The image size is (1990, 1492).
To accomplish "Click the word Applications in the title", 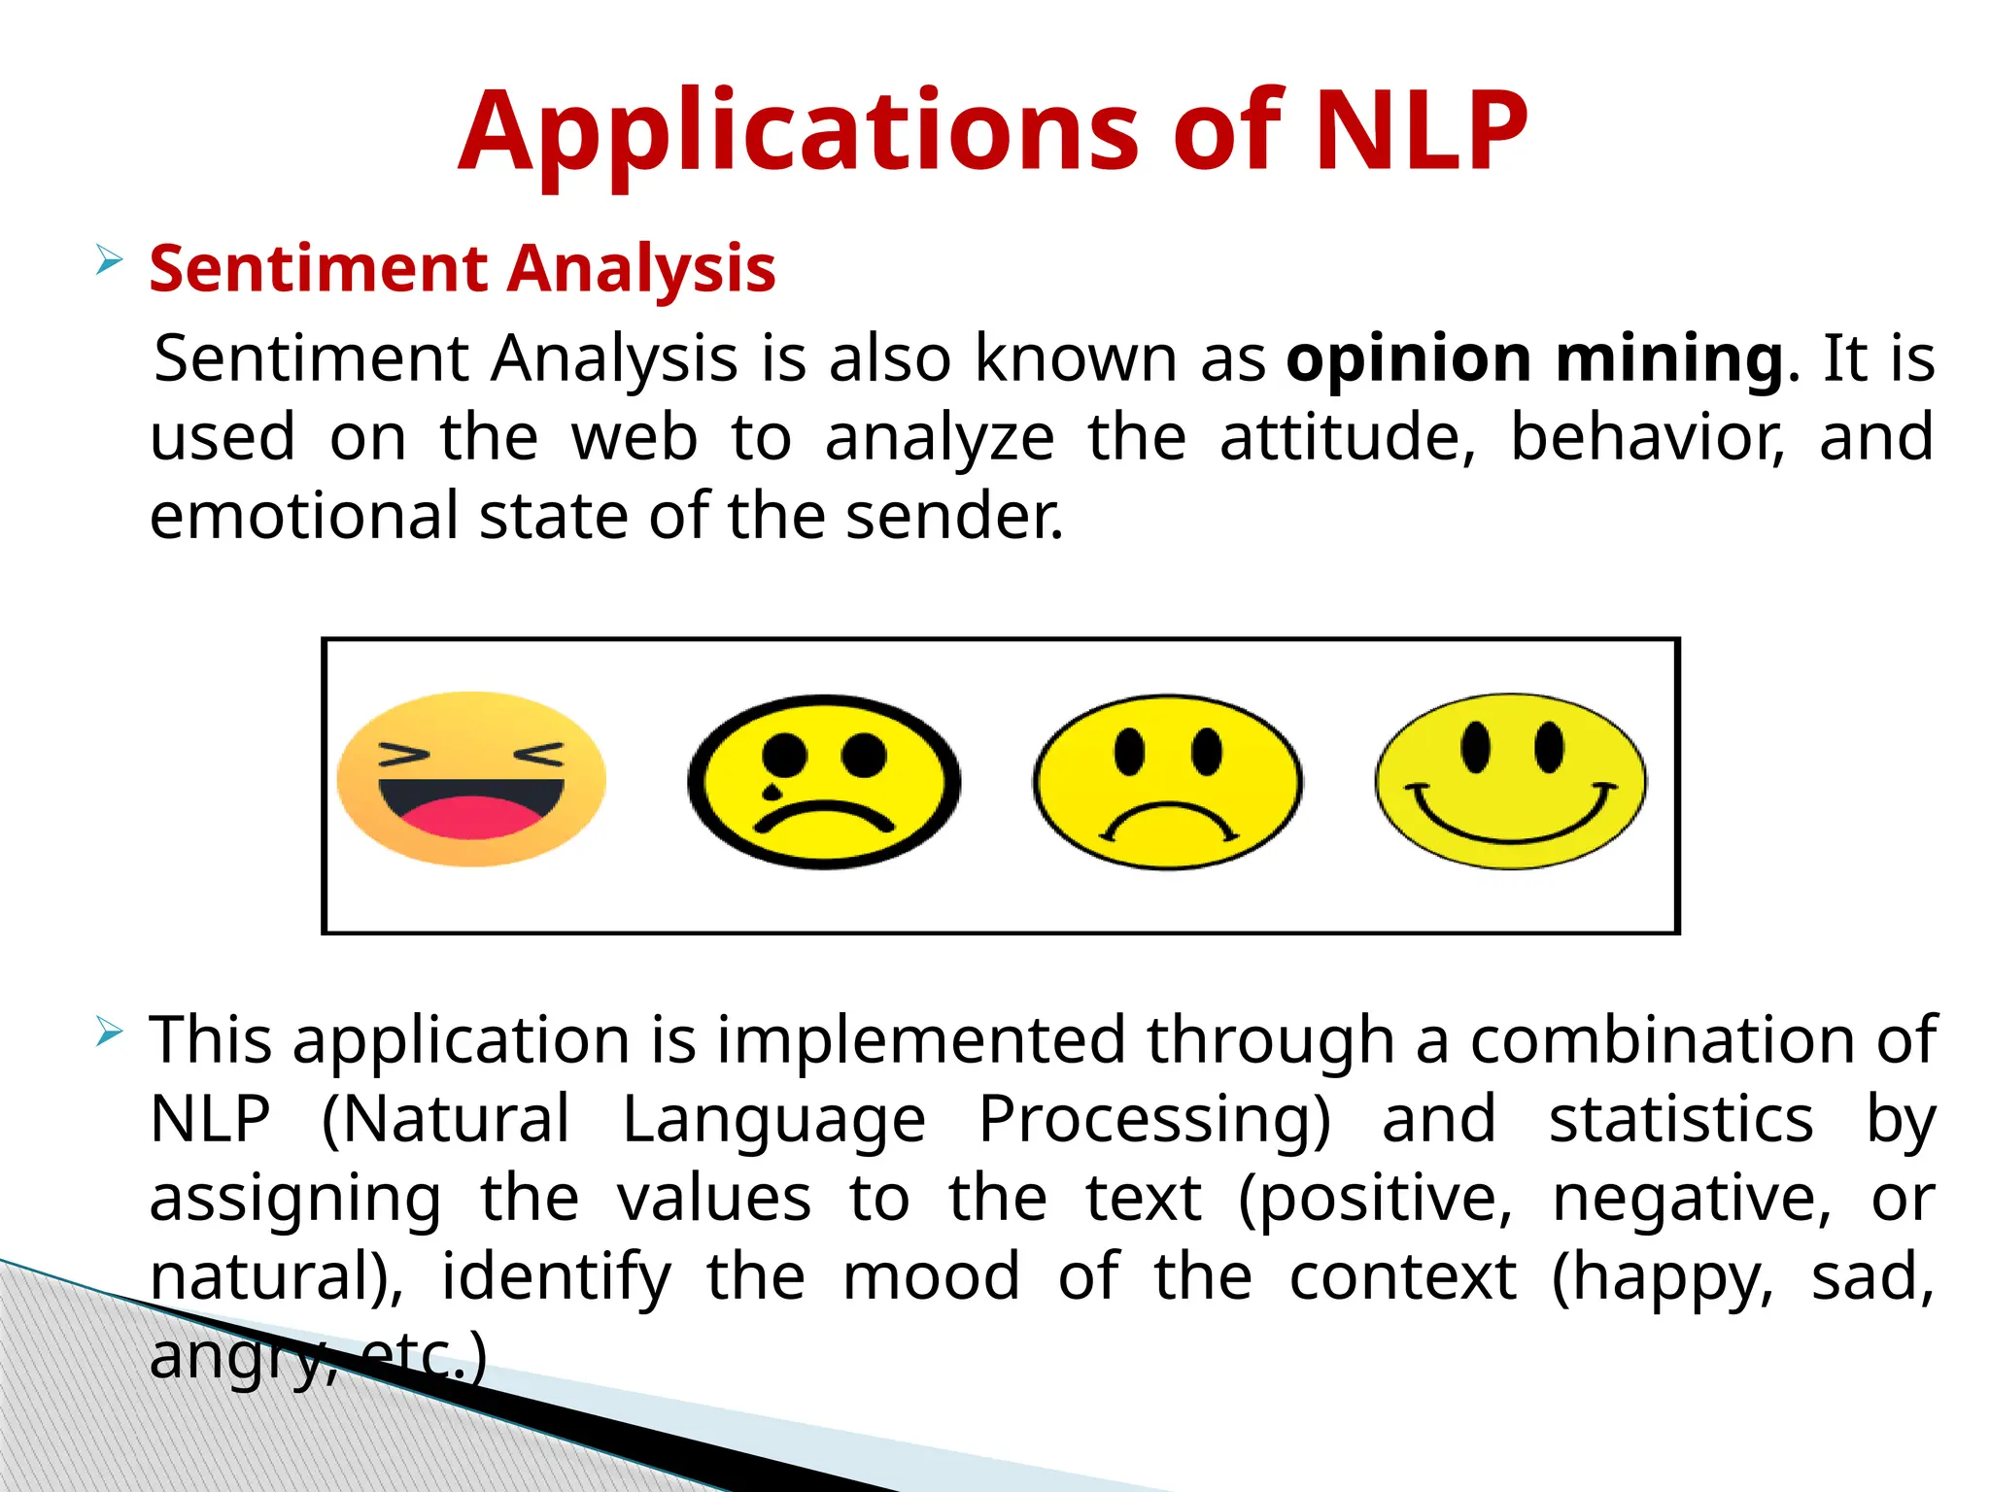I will (797, 134).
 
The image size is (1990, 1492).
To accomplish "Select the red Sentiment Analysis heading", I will (463, 268).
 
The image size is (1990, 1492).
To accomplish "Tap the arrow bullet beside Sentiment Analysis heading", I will (109, 260).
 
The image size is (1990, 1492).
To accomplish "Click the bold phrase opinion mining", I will (1535, 358).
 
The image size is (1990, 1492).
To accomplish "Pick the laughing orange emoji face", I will (471, 779).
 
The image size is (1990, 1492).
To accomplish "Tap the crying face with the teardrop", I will (824, 782).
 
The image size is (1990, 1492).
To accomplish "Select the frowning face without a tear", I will (1167, 782).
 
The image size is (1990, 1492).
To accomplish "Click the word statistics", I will (1681, 1119).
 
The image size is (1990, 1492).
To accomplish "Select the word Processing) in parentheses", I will (1154, 1119).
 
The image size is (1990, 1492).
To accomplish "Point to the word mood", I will (931, 1276).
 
